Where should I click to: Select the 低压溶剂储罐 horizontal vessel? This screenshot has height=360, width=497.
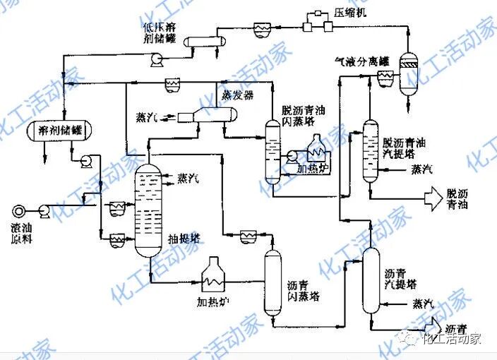click(204, 42)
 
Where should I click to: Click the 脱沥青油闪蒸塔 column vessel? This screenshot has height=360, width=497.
click(272, 152)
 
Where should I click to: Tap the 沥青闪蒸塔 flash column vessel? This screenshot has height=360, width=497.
click(273, 282)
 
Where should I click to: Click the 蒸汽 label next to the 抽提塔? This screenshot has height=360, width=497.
click(188, 178)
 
